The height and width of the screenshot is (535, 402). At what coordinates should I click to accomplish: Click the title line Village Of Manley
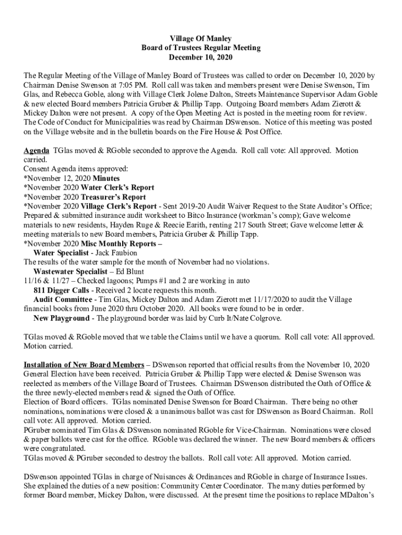(x=201, y=39)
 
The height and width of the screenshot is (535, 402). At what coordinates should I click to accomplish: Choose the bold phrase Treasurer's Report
(x=113, y=197)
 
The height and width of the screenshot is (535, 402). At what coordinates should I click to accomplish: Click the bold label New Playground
(x=61, y=318)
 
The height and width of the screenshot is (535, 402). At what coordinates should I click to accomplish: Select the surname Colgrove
(x=266, y=318)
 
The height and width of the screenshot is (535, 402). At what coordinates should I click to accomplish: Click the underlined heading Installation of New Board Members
(x=84, y=365)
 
